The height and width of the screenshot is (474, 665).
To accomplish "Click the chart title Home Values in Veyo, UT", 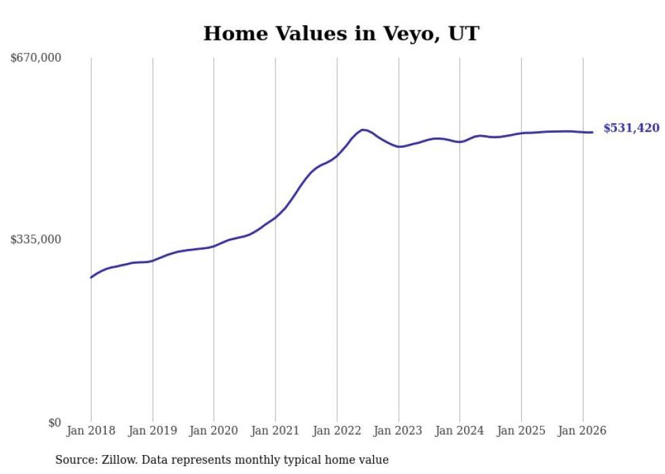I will pyautogui.click(x=341, y=33).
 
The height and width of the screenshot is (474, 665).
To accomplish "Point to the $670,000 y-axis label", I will pyautogui.click(x=36, y=58).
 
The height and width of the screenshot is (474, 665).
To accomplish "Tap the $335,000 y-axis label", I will pyautogui.click(x=36, y=239).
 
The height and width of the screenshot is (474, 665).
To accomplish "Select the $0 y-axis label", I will pyautogui.click(x=54, y=422).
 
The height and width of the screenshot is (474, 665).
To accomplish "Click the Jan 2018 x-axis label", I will pyautogui.click(x=91, y=431).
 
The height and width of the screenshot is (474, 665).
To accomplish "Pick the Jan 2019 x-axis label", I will pyautogui.click(x=153, y=431).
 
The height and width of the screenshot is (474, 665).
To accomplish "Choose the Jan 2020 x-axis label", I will pyautogui.click(x=214, y=431).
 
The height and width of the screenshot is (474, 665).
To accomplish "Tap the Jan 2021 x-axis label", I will pyautogui.click(x=275, y=431).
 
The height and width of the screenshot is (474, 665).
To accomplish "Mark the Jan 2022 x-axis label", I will pyautogui.click(x=337, y=431).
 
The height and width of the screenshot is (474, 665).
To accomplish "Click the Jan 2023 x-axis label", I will pyautogui.click(x=398, y=431).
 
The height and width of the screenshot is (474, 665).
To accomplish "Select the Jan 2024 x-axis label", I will pyautogui.click(x=459, y=431).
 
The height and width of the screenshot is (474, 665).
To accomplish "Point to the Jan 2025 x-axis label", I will pyautogui.click(x=521, y=431).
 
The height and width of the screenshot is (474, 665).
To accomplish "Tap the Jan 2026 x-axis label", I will pyautogui.click(x=582, y=431).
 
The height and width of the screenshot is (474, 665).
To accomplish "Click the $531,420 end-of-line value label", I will pyautogui.click(x=631, y=128).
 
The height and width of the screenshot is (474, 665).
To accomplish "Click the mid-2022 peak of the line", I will pyautogui.click(x=363, y=130).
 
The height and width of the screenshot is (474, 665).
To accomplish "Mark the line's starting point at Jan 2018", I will pyautogui.click(x=91, y=277).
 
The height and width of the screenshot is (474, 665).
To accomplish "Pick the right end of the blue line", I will pyautogui.click(x=592, y=132).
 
